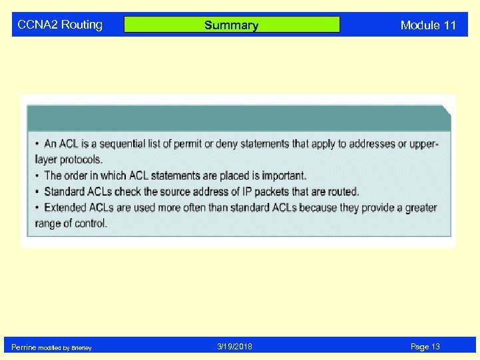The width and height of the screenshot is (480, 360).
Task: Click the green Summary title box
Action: click(x=232, y=25)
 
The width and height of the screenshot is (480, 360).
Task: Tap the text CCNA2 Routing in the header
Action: click(x=60, y=25)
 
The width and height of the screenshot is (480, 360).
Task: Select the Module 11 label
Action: click(x=428, y=25)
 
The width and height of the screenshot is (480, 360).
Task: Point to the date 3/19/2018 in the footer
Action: click(x=234, y=347)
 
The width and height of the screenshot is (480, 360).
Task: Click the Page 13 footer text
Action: click(x=425, y=347)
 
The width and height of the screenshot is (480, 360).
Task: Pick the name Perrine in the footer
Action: click(x=24, y=347)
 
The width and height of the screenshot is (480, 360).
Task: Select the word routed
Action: click(x=342, y=192)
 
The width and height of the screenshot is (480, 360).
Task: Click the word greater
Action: click(x=418, y=208)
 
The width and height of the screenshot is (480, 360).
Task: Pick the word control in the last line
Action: click(x=90, y=224)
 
